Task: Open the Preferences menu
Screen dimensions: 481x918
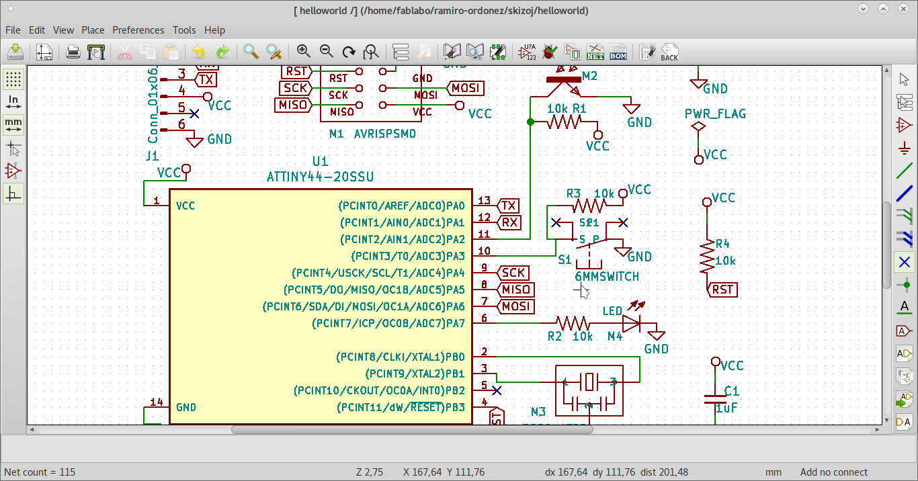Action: click(x=138, y=30)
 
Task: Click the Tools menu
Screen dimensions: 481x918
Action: click(x=184, y=30)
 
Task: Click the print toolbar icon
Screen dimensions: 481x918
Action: click(x=73, y=52)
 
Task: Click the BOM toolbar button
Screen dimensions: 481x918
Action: click(x=618, y=52)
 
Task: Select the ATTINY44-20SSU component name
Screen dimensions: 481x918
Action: click(x=320, y=177)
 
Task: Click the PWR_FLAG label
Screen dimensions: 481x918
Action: click(x=715, y=114)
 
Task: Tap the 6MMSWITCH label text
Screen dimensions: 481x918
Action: click(x=607, y=276)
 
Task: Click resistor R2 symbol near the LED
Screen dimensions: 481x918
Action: click(x=573, y=323)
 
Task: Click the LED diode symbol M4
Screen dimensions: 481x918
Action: click(x=631, y=323)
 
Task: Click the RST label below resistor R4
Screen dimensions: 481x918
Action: click(x=723, y=290)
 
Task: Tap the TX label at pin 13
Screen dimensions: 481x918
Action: click(x=509, y=206)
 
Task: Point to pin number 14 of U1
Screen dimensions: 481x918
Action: click(x=157, y=402)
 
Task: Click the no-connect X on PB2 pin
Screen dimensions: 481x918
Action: click(x=497, y=390)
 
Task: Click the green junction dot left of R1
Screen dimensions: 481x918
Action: click(x=531, y=122)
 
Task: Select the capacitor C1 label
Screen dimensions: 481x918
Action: click(x=732, y=390)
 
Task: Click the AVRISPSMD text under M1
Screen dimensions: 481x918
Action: click(x=384, y=134)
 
